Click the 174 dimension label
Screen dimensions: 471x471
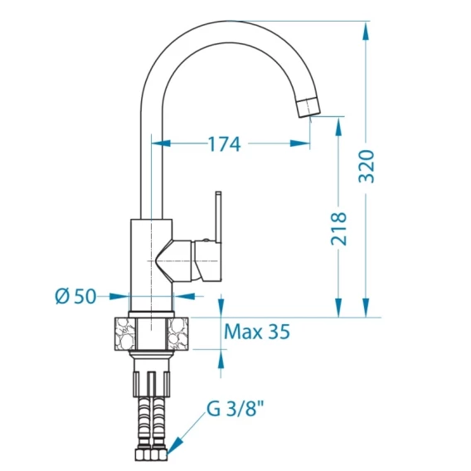[x=225, y=144]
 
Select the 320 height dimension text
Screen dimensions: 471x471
[x=367, y=166]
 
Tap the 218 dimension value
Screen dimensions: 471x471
[x=339, y=228]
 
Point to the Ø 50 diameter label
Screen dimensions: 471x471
[x=75, y=296]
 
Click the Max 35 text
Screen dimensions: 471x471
[x=257, y=332]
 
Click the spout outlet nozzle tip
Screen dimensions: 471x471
[x=308, y=107]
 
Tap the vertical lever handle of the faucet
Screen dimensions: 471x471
[x=218, y=216]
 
